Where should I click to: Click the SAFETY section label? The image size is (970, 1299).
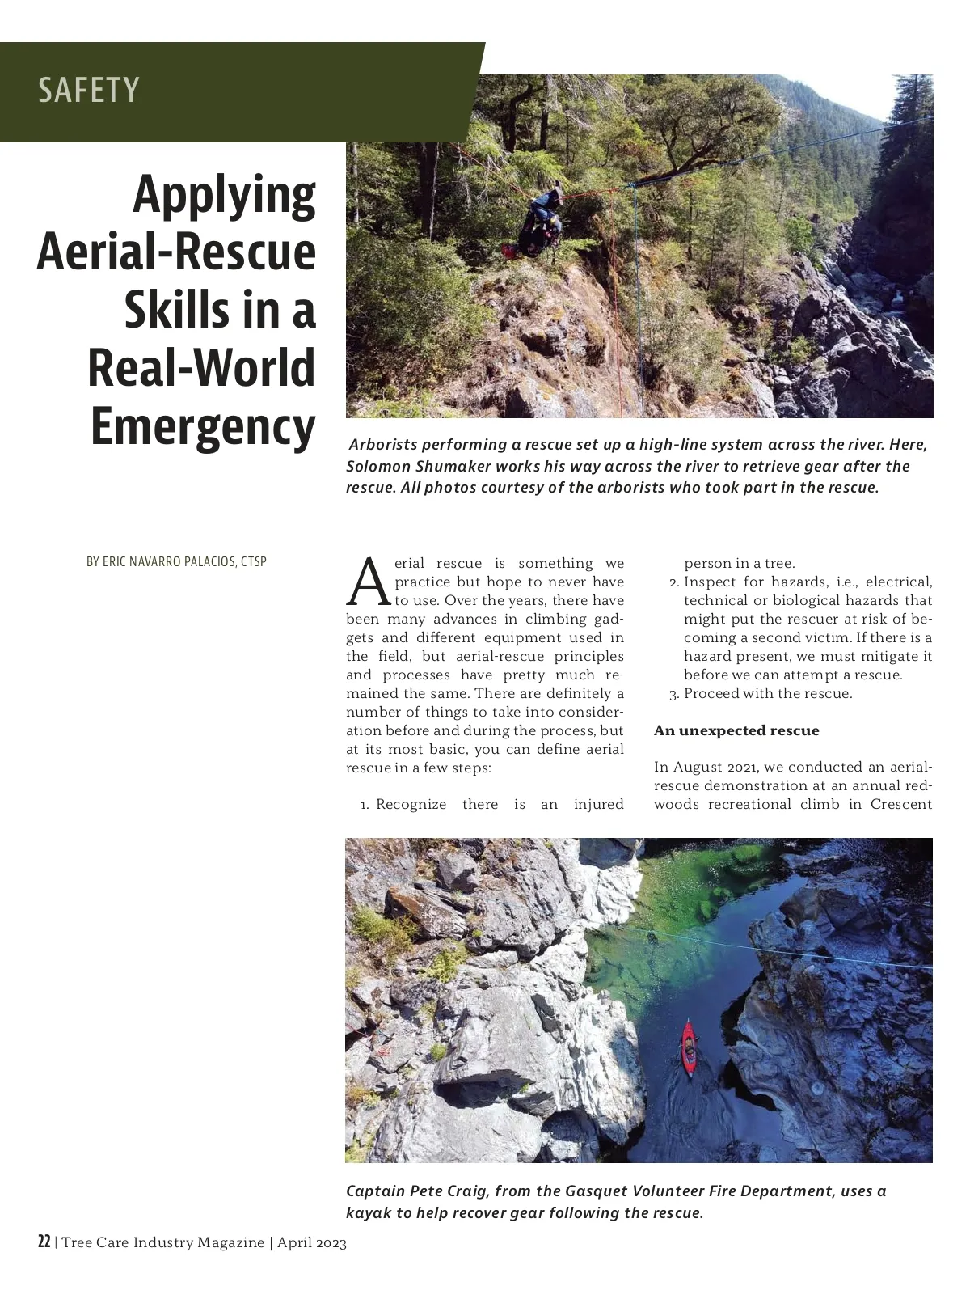coord(89,90)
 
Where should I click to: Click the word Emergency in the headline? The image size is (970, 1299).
coord(203,426)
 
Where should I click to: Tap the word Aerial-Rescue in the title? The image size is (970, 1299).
coord(176,252)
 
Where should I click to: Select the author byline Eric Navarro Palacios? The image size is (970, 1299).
coord(176,561)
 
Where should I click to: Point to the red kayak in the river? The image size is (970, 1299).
coord(689,1049)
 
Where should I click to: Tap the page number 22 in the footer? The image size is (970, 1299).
coord(44,1242)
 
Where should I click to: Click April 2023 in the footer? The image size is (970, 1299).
coord(312,1243)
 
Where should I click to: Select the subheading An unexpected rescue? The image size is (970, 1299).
coord(736,730)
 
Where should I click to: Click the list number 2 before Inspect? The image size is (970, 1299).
coord(674,582)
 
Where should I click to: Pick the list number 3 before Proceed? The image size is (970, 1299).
coord(674,694)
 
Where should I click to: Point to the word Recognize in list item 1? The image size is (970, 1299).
coord(411,804)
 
